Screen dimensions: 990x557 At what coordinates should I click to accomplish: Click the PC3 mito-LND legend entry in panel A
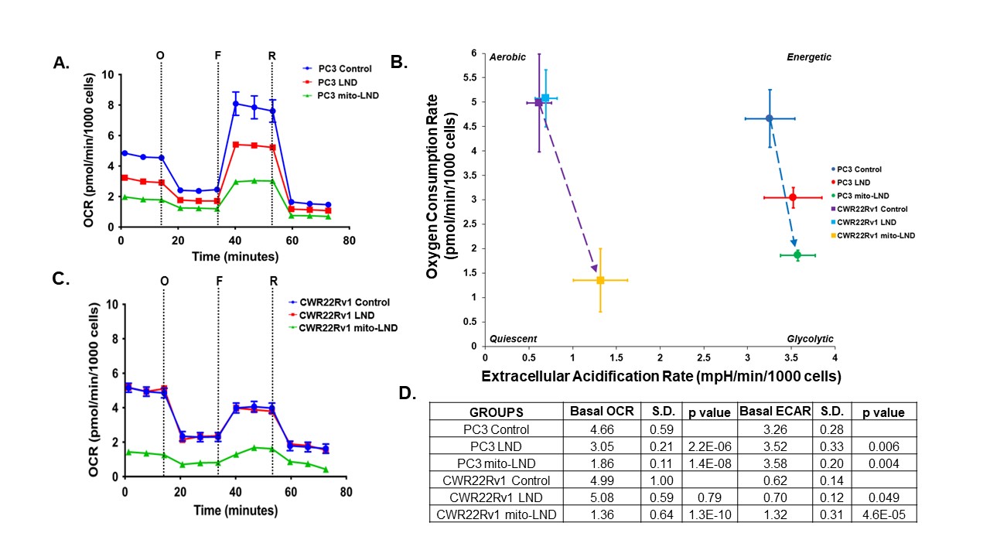point(340,95)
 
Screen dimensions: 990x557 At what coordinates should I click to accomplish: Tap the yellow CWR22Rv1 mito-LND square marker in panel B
point(600,280)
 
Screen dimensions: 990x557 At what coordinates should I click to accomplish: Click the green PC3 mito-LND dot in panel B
point(797,255)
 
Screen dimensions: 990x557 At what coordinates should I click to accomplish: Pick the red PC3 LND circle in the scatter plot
point(793,197)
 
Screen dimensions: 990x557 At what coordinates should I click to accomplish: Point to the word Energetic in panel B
point(809,57)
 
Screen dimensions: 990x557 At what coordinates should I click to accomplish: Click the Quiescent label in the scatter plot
point(513,339)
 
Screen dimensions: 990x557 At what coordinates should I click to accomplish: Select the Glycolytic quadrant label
point(810,339)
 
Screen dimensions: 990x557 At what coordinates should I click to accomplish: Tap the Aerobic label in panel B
point(507,57)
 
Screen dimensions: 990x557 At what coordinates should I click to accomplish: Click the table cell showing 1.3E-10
point(710,514)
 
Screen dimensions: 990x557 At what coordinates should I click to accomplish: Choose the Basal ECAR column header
point(775,412)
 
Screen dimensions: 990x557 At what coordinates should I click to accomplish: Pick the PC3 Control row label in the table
point(497,429)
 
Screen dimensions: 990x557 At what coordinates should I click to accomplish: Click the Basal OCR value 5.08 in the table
point(602,497)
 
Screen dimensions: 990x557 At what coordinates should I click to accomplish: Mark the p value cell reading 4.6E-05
point(884,514)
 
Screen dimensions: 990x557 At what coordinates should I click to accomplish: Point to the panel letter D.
point(407,393)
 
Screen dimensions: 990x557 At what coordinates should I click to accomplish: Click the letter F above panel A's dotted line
point(218,55)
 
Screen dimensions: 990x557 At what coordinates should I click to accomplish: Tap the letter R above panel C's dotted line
point(274,281)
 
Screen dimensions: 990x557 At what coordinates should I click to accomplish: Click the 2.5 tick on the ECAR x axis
point(704,357)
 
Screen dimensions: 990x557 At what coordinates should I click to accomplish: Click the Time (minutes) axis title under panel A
point(235,256)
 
